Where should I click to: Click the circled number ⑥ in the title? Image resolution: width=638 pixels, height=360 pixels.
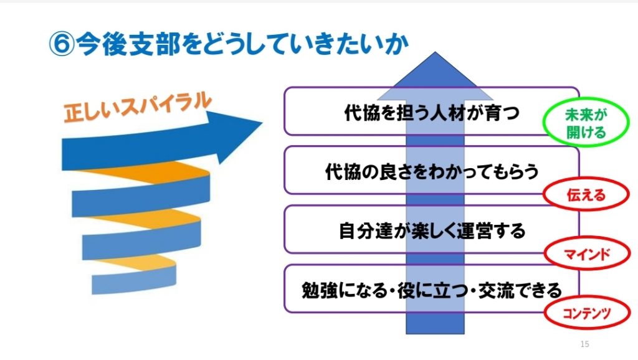(x=62, y=44)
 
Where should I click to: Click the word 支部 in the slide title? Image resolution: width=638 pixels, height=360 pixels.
(x=154, y=44)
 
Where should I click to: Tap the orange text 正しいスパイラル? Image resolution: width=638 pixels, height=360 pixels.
(x=138, y=107)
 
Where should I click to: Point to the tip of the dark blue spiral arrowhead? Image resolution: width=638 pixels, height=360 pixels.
(x=262, y=121)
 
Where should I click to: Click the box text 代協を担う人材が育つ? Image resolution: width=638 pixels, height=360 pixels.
(x=432, y=113)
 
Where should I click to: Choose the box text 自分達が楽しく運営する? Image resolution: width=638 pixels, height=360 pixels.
(x=432, y=230)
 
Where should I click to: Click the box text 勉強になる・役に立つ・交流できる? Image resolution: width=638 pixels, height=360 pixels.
(x=432, y=290)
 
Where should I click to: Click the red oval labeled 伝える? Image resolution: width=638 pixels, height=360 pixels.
(x=586, y=195)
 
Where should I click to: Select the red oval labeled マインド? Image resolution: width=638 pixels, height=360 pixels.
(x=587, y=254)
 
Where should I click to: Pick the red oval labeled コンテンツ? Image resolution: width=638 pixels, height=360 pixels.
(x=587, y=313)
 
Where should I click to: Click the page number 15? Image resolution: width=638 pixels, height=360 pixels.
(x=584, y=344)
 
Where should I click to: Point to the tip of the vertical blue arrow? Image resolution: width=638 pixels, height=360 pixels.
(x=435, y=52)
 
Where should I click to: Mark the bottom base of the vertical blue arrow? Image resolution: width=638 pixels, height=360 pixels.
(x=435, y=334)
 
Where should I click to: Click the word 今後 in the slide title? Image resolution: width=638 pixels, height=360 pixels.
(x=102, y=44)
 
